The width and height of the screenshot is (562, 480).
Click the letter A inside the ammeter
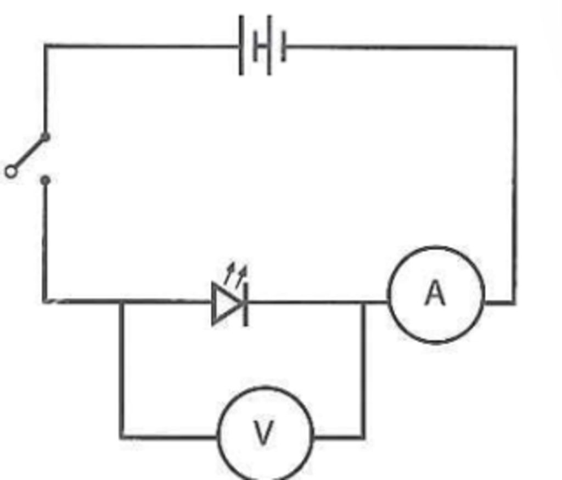(435, 293)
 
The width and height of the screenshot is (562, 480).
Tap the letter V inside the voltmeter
(263, 433)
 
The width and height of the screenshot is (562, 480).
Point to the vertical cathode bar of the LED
(245, 304)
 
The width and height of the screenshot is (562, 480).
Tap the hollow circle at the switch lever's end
(11, 172)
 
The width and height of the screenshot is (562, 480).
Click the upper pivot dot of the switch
(45, 137)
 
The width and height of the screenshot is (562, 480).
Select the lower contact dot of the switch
(45, 180)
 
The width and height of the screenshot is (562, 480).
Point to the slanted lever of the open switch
(29, 153)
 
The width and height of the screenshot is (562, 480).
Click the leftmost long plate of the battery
(241, 45)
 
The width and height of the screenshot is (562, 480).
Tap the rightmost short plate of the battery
(284, 46)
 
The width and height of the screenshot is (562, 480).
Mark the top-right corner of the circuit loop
(515, 47)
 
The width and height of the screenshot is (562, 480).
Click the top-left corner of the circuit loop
(45, 46)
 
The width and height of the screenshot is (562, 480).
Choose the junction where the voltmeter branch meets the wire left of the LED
(122, 302)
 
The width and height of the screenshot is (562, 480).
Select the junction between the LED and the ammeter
(363, 303)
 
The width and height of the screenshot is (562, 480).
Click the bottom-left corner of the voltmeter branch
(122, 437)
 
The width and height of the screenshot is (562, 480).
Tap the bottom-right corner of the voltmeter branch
(363, 437)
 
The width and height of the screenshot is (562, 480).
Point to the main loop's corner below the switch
(44, 301)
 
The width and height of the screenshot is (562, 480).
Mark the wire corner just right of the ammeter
(514, 303)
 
